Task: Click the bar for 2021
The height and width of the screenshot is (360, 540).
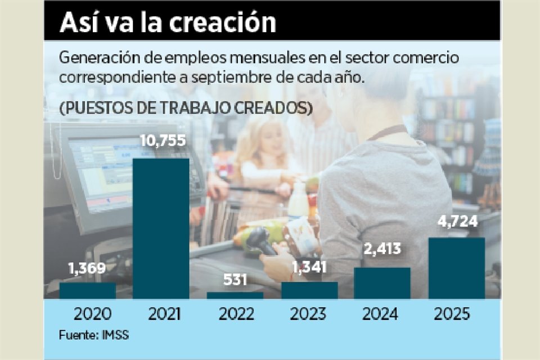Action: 161,228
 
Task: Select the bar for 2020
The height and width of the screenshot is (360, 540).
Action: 87,290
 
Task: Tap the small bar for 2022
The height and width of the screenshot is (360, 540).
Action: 235,295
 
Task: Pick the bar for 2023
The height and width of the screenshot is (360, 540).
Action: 309,290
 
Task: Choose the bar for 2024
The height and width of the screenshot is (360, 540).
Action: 382,283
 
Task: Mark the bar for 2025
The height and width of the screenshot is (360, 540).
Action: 456,268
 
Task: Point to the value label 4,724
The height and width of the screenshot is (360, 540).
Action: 457,222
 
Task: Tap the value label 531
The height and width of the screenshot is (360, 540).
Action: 235,280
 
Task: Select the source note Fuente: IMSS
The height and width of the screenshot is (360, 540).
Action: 94,335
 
